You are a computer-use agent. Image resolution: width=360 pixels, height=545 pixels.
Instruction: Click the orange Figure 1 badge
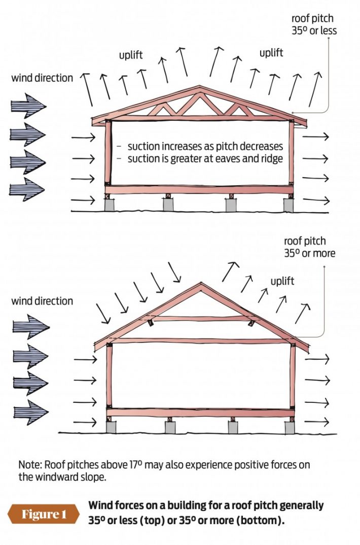[44, 514]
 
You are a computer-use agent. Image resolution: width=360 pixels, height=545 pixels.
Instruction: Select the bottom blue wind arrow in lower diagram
[28, 412]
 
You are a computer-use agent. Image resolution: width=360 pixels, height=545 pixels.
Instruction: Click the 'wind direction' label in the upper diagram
[42, 78]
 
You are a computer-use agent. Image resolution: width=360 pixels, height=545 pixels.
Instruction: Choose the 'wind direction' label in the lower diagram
[42, 301]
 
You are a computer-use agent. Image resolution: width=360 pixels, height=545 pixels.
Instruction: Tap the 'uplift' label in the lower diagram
[282, 281]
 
